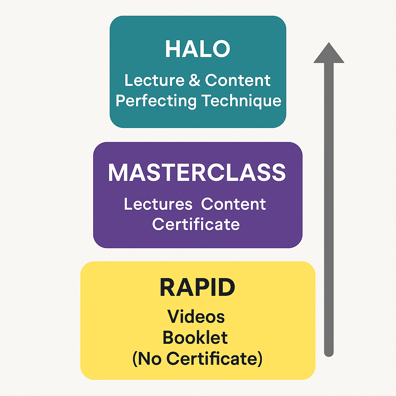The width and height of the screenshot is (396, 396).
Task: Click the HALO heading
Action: tap(198, 49)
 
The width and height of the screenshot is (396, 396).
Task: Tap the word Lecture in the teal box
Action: tap(149, 80)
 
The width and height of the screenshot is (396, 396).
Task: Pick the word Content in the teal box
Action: tap(237, 80)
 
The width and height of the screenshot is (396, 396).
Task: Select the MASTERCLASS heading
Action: tap(197, 172)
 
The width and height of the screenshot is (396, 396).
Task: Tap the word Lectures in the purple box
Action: tap(158, 204)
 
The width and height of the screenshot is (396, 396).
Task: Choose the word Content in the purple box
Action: tap(234, 204)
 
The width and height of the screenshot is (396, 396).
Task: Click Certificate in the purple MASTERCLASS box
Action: tap(196, 224)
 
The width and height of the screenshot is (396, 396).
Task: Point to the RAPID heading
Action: tap(197, 288)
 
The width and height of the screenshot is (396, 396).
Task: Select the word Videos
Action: tap(196, 317)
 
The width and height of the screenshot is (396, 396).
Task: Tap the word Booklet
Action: tap(195, 338)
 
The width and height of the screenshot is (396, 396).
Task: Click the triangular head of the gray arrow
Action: tap(329, 54)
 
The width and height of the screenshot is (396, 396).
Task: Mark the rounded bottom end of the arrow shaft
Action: tap(329, 352)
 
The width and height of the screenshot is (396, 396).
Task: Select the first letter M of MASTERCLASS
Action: tap(118, 172)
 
